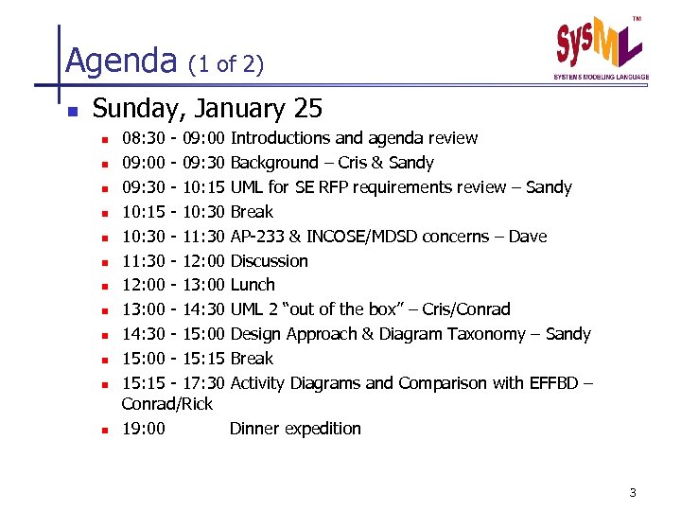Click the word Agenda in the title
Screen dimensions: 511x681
[x=121, y=62]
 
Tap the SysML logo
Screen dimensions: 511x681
[x=600, y=48]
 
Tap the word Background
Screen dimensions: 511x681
[x=274, y=163]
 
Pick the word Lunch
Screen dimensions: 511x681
[x=253, y=285]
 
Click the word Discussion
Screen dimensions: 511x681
[x=270, y=260]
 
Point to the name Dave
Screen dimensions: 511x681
[x=528, y=236]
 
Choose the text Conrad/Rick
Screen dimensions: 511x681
[x=167, y=404]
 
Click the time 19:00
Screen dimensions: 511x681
[x=144, y=429]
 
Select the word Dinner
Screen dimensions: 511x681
[x=254, y=429]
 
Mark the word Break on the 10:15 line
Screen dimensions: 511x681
[x=252, y=212]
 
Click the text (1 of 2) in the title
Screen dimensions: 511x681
[x=226, y=64]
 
